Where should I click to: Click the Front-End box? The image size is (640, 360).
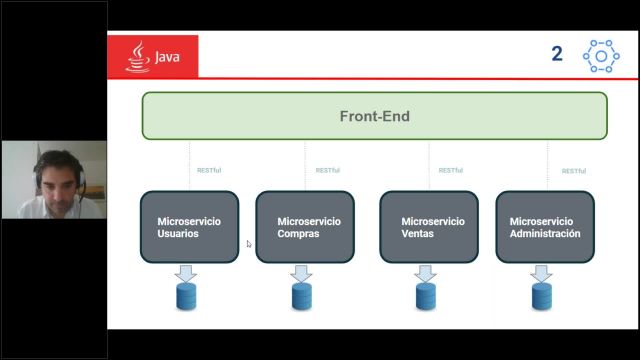pyautogui.click(x=374, y=116)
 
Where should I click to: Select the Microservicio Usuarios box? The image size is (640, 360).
pyautogui.click(x=189, y=227)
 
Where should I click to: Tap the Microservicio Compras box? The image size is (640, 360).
pyautogui.click(x=306, y=227)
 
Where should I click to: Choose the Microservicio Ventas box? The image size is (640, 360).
pyautogui.click(x=430, y=227)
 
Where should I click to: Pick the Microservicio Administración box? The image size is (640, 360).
pyautogui.click(x=545, y=227)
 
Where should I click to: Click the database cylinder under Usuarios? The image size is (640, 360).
pyautogui.click(x=187, y=296)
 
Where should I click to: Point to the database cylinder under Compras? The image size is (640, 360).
pyautogui.click(x=302, y=296)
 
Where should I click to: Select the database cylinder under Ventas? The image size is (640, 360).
pyautogui.click(x=426, y=296)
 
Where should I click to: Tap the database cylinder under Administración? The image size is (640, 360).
pyautogui.click(x=542, y=296)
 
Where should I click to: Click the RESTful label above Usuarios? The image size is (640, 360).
pyautogui.click(x=209, y=170)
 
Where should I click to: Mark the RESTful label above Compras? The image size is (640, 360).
pyautogui.click(x=327, y=170)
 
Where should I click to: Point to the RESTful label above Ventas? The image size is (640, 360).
pyautogui.click(x=450, y=170)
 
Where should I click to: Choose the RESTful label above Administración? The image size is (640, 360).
pyautogui.click(x=574, y=171)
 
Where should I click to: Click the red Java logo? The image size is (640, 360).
pyautogui.click(x=153, y=56)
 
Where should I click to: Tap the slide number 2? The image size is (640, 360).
pyautogui.click(x=557, y=54)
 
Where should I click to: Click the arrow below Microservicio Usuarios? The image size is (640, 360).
pyautogui.click(x=187, y=272)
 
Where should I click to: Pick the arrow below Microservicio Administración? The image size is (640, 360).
pyautogui.click(x=542, y=272)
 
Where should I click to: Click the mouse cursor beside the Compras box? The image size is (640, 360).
pyautogui.click(x=249, y=243)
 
